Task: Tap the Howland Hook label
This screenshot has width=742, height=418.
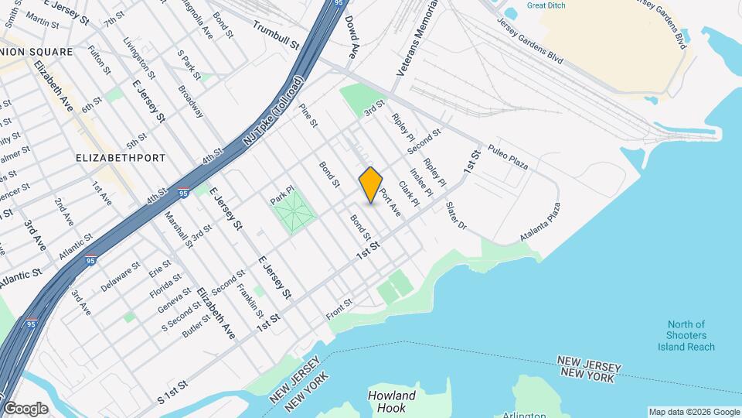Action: [392, 402]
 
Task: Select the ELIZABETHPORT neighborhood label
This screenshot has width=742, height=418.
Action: [121, 158]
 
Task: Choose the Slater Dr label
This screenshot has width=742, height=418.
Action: [458, 217]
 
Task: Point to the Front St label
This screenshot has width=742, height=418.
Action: [339, 307]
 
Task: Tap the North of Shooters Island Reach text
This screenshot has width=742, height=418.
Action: [687, 336]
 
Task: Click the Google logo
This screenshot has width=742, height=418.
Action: [26, 408]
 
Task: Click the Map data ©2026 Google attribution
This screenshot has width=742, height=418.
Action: [693, 412]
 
